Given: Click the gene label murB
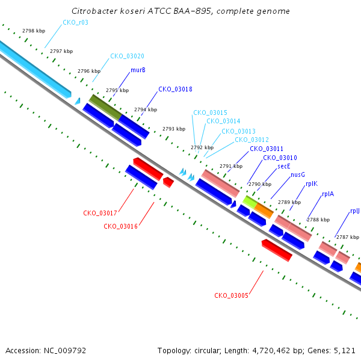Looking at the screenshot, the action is [x=138, y=70].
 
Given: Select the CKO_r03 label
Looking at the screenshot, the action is [x=76, y=23].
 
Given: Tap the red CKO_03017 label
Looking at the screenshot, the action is [x=100, y=213].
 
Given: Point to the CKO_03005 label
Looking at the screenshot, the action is [x=232, y=295].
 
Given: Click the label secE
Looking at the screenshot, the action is [x=284, y=166].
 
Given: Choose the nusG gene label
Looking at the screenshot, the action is [x=298, y=174].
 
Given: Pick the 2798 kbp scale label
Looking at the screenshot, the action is [x=34, y=31].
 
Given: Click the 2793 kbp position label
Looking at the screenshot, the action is [x=174, y=129].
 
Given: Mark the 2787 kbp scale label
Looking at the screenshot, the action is [x=348, y=237].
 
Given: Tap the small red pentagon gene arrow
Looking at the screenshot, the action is [x=168, y=182].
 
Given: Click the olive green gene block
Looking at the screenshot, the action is [x=105, y=107].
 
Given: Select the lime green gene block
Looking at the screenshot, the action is [x=250, y=202].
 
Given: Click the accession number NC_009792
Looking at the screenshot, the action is [x=65, y=351].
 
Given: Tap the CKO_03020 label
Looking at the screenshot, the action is [x=128, y=56].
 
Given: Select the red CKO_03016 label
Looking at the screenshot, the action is [x=121, y=227].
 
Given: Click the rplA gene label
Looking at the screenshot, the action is [x=328, y=194].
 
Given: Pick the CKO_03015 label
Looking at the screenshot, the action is [x=210, y=113].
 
